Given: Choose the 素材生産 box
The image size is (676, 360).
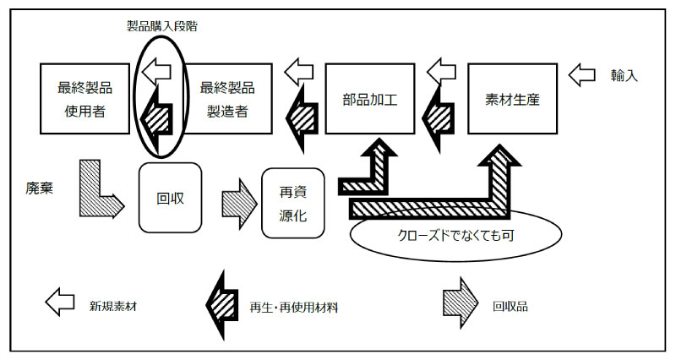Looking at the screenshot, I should [x=512, y=98].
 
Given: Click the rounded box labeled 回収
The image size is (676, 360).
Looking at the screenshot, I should [x=169, y=198].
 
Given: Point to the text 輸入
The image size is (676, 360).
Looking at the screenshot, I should [x=624, y=75].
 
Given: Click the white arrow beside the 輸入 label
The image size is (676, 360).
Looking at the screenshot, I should [x=583, y=75].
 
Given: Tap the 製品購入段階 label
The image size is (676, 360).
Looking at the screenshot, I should [x=158, y=25].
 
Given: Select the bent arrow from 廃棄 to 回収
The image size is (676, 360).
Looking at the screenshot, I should [x=99, y=190].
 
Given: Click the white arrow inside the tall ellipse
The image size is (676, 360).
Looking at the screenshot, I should [x=156, y=73].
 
